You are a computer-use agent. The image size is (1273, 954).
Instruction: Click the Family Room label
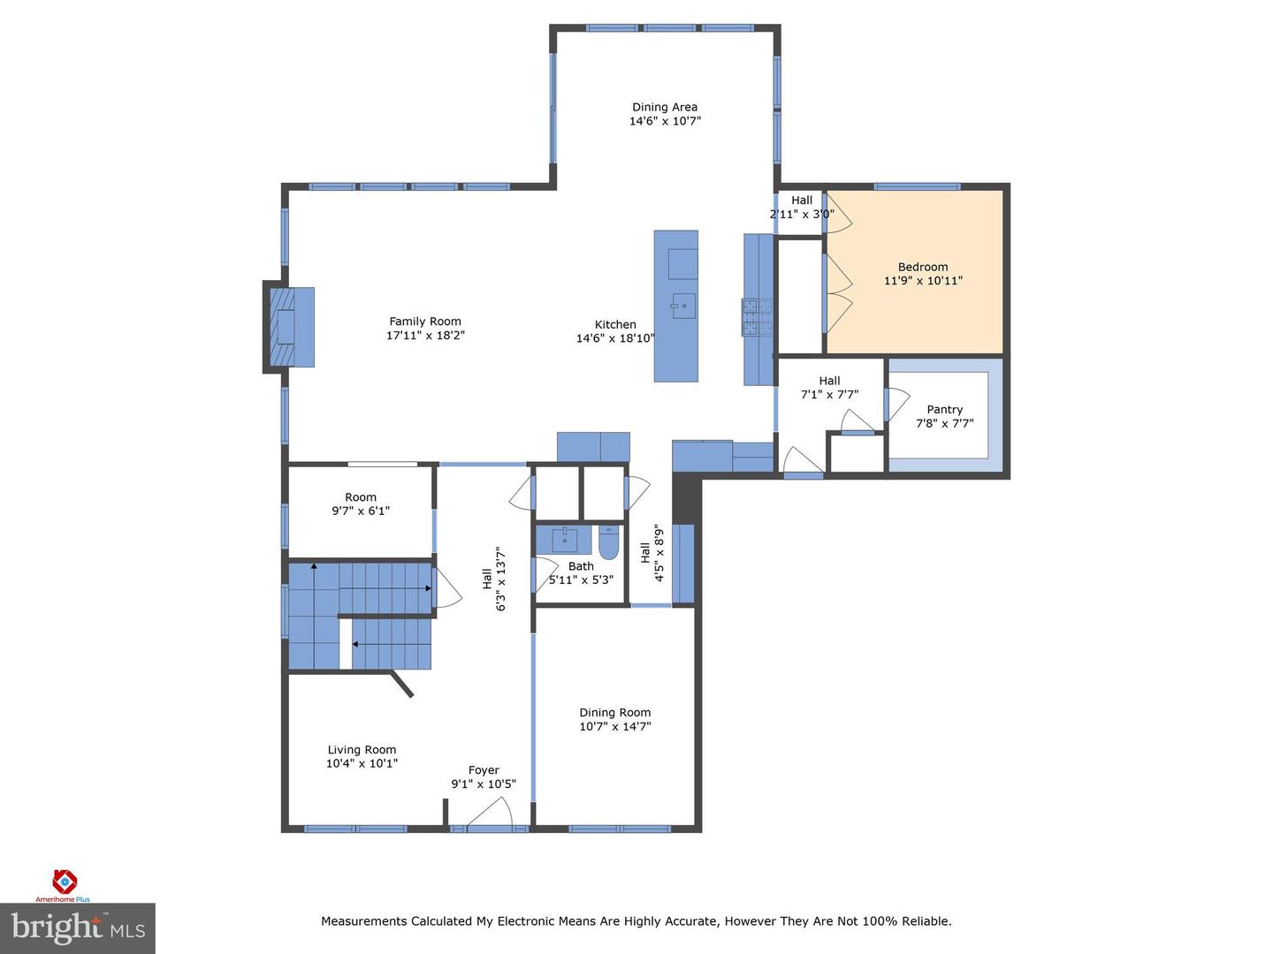pos(425,321)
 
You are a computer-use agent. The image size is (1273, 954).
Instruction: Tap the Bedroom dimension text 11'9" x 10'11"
pos(923,281)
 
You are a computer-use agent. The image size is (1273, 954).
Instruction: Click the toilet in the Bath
pos(608,542)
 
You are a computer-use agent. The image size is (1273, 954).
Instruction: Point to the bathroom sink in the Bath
pos(564,539)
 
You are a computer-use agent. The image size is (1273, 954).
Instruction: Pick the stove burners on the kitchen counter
pos(758,317)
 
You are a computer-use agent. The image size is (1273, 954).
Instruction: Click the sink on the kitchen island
pos(683,306)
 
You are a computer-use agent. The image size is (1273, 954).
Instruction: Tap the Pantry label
pos(944,410)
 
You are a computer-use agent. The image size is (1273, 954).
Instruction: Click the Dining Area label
pos(665,107)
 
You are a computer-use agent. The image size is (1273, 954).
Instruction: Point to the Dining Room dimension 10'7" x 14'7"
pos(614,726)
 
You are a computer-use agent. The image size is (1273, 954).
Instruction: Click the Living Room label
pos(362,750)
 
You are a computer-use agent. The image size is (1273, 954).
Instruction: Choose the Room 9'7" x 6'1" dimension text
pos(361,511)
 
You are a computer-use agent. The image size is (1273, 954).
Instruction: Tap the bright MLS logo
pos(78,927)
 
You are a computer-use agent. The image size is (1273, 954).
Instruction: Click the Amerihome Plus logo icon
pos(65,882)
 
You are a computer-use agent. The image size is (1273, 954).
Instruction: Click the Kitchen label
pos(615,324)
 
